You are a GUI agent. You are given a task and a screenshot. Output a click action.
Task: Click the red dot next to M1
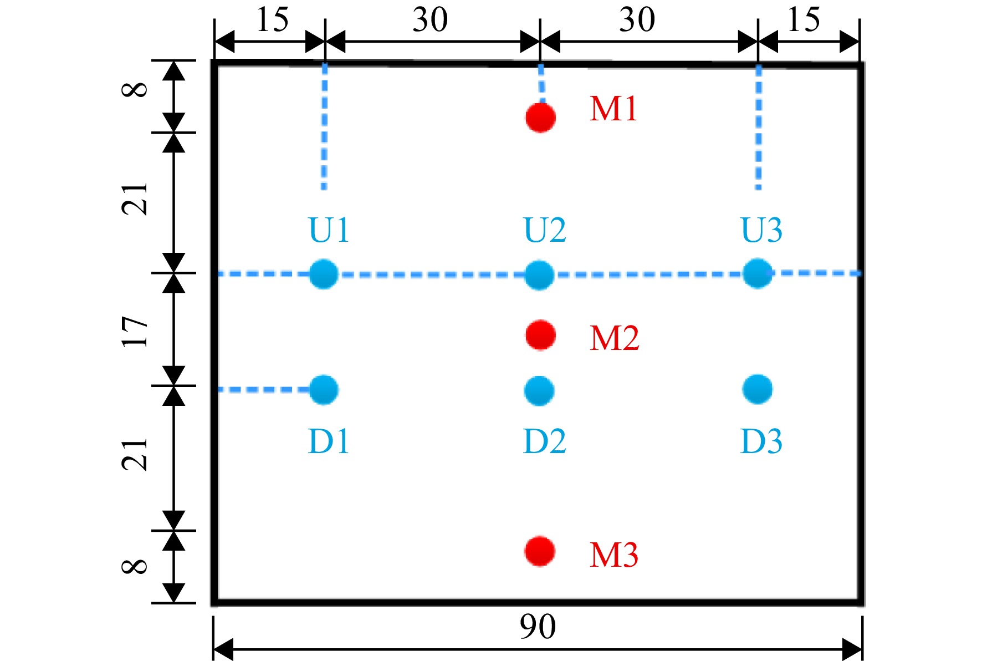(x=540, y=118)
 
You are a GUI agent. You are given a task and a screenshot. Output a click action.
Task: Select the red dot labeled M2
(x=540, y=335)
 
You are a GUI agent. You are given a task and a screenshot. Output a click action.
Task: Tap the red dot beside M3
(x=540, y=551)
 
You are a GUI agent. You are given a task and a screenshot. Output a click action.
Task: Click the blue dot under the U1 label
(x=324, y=274)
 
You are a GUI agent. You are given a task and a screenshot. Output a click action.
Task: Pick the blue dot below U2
(x=539, y=275)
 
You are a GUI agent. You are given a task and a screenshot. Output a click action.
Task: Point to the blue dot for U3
(x=758, y=273)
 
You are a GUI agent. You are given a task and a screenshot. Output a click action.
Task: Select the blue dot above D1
(x=324, y=390)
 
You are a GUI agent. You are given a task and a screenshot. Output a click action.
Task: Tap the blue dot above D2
(x=539, y=391)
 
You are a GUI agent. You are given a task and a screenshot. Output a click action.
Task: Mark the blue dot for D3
(x=757, y=389)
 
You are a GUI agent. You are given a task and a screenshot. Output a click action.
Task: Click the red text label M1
(x=613, y=109)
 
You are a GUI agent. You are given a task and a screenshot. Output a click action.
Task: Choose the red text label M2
(x=615, y=338)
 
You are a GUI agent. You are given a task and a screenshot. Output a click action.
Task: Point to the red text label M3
(x=614, y=555)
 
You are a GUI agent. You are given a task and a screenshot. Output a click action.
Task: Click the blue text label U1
(x=329, y=230)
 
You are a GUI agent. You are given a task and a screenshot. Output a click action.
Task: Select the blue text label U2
(x=545, y=230)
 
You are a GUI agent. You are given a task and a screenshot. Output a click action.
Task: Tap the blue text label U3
(x=762, y=230)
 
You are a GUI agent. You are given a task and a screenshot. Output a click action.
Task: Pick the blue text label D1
(x=329, y=442)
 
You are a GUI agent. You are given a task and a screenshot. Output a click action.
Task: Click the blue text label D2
(x=545, y=442)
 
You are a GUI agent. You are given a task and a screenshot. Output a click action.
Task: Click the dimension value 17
(x=135, y=332)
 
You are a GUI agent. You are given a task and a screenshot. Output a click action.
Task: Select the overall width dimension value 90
(x=538, y=627)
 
